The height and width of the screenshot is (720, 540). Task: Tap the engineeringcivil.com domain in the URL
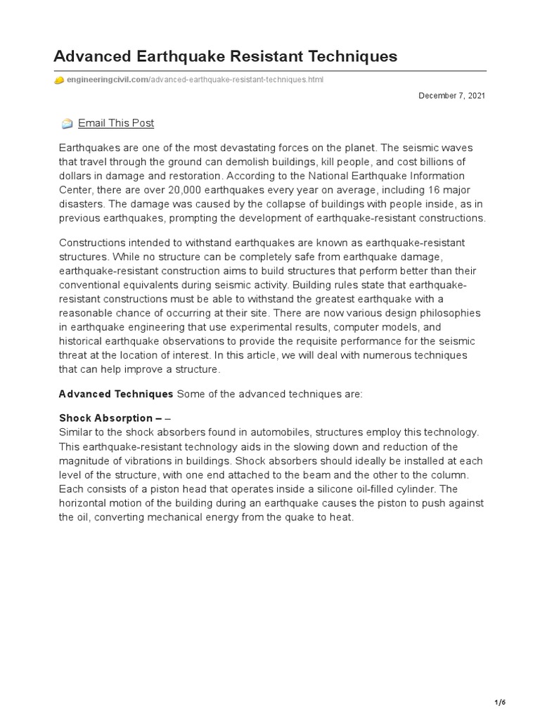[x=105, y=80]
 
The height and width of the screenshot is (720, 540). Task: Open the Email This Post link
[x=116, y=123]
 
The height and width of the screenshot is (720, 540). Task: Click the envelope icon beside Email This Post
[x=67, y=124]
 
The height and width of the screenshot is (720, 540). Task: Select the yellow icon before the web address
[x=59, y=80]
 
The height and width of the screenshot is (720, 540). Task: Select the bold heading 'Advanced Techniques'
[x=115, y=394]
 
